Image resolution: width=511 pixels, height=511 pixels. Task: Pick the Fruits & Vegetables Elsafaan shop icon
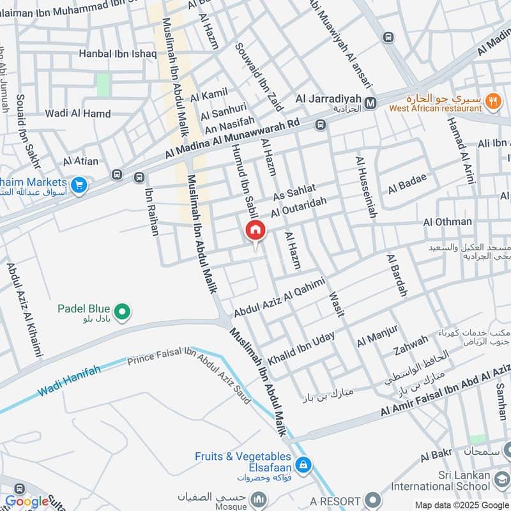[305, 464]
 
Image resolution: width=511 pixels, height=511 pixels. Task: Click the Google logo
[27, 501]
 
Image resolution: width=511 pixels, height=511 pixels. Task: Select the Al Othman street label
[447, 222]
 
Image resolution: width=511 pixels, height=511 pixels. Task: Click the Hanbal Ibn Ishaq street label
[118, 54]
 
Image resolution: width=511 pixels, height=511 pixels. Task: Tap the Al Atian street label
[80, 162]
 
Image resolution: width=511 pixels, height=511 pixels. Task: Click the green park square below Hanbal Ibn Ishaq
[103, 84]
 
